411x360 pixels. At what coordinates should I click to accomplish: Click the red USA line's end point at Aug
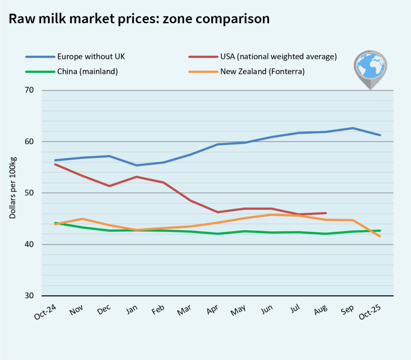tap(326, 213)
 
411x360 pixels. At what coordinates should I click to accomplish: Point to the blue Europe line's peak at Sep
tap(353, 128)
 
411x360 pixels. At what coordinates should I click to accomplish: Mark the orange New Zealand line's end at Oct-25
tap(380, 237)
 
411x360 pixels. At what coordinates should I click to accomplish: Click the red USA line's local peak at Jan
tap(136, 177)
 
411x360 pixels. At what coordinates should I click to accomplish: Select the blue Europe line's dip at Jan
tap(136, 165)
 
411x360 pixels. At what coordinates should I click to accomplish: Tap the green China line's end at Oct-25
tap(380, 231)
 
